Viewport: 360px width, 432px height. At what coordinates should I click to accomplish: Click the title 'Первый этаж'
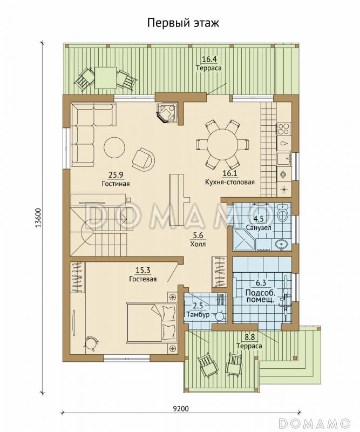pos(183,23)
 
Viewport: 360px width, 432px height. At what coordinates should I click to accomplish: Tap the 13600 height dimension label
pos(38,218)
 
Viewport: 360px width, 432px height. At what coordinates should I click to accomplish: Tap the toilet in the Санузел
pos(283,213)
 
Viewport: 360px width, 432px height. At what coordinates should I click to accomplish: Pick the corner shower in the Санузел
pos(244,240)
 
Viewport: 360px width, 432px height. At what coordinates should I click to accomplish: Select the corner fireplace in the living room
pos(166,113)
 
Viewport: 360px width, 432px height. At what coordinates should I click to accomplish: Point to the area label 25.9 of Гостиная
pos(116,174)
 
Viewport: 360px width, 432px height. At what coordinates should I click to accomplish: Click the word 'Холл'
pos(198,244)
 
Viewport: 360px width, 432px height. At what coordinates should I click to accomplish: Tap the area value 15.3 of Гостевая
pos(143,271)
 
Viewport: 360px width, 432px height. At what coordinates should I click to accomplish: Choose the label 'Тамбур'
pos(198,314)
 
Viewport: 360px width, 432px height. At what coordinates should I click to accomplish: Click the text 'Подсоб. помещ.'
pos(260,296)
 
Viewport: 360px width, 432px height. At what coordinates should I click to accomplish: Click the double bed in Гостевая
pos(151,322)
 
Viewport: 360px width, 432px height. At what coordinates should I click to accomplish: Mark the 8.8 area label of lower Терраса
pos(249,336)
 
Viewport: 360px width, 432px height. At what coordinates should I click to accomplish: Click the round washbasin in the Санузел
pos(282,244)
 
